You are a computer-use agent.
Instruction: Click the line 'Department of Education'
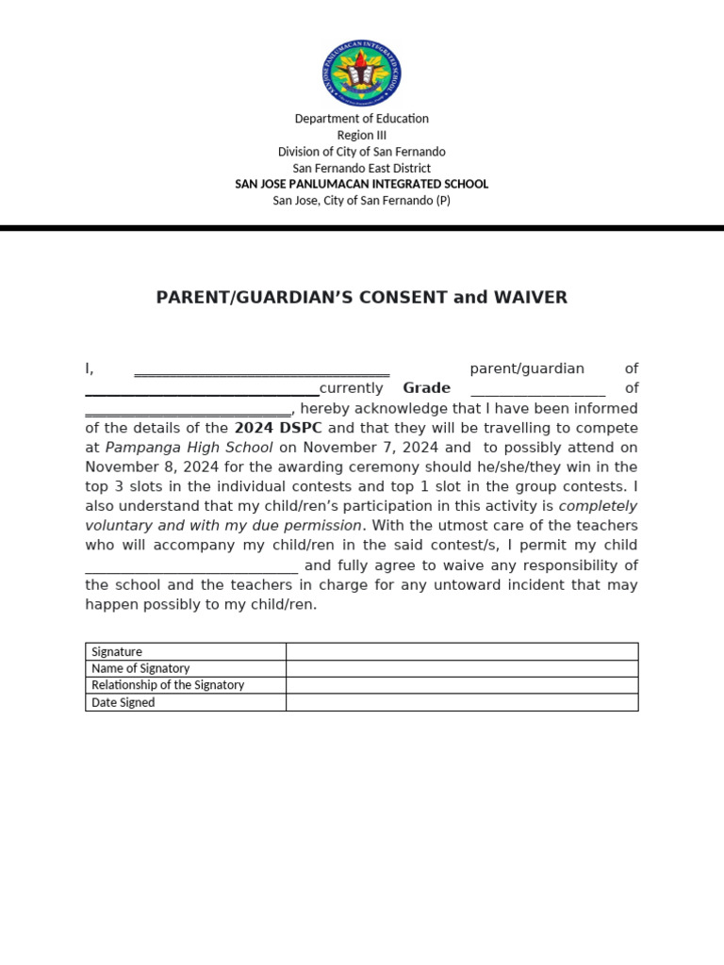(x=361, y=119)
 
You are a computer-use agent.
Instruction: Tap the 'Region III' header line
(x=361, y=135)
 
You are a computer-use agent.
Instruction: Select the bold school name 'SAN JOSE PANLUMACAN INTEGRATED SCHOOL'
(x=361, y=184)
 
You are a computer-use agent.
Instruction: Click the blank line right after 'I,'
(x=261, y=370)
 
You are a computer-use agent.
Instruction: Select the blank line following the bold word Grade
(x=537, y=390)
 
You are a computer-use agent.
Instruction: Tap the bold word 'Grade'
(x=426, y=388)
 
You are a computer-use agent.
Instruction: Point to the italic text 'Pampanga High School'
(x=189, y=448)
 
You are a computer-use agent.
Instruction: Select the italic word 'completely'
(x=598, y=506)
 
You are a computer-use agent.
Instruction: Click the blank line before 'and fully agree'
(x=191, y=567)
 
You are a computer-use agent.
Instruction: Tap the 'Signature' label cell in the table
(x=186, y=651)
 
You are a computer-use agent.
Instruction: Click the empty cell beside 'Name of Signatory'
(x=462, y=668)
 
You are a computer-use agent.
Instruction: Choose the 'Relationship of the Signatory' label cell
(x=186, y=685)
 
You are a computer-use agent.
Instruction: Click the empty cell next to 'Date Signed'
(x=462, y=702)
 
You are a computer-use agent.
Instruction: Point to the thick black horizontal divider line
(x=362, y=228)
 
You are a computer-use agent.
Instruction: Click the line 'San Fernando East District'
(x=361, y=168)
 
